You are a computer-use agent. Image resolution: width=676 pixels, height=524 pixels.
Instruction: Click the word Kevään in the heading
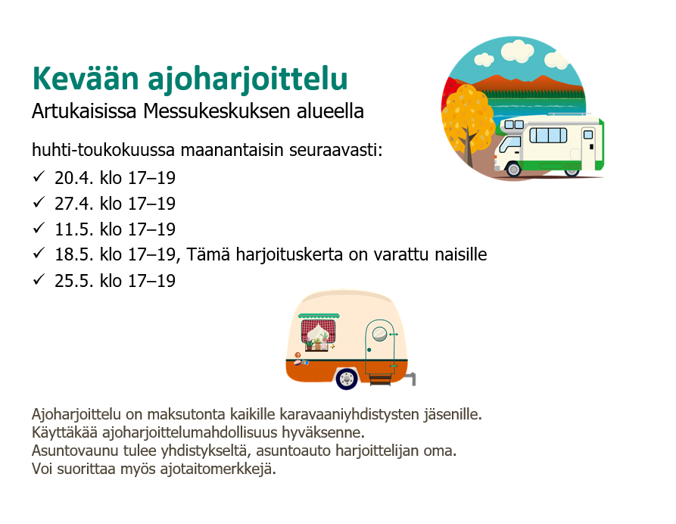pos(86,79)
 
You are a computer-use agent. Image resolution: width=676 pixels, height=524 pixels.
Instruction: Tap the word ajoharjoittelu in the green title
pos(248,80)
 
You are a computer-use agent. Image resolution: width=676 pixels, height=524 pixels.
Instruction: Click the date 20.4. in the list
pos(73,178)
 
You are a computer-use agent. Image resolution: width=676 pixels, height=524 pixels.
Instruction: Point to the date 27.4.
pos(73,204)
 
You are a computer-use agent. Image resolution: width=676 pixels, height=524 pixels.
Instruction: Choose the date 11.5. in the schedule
pos(73,229)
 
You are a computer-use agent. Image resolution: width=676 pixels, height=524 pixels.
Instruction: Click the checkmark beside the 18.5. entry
pos(39,253)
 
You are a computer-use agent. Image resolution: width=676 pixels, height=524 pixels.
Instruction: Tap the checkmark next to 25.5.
pos(39,279)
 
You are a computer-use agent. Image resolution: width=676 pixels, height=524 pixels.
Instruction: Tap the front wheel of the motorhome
pos(513,169)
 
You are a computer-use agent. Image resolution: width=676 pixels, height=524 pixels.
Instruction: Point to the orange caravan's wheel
pos(347,379)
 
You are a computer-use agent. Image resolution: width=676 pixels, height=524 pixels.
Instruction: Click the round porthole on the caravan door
pos(379,333)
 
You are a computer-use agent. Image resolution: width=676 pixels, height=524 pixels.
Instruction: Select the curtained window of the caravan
pos(318,332)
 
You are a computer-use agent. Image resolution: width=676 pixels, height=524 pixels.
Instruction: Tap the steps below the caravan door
pos(380,379)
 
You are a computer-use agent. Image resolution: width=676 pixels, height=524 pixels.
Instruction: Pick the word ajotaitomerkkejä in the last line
pos(218,469)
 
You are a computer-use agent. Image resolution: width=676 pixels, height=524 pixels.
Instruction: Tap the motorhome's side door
pos(588,148)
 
